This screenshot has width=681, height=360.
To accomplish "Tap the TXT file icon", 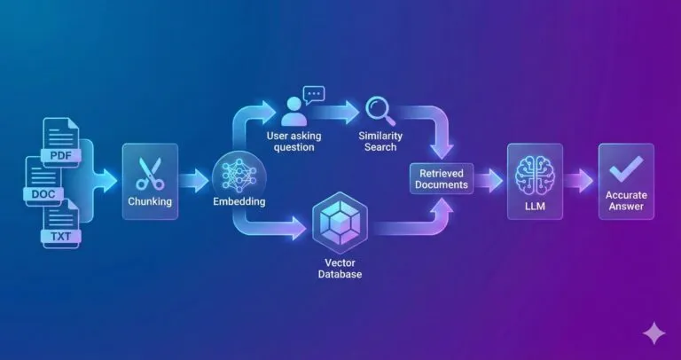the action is (61, 223).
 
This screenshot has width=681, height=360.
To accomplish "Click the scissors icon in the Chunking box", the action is (150, 174).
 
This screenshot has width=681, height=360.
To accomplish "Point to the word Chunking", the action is (150, 201).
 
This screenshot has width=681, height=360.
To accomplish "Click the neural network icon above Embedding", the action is (239, 176).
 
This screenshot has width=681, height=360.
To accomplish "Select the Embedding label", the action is (239, 201).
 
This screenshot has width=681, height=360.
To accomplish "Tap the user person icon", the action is (294, 111).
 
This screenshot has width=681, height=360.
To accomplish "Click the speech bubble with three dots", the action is (314, 95).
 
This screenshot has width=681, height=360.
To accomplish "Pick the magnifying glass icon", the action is (380, 111).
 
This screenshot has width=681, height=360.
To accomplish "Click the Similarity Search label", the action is (380, 142).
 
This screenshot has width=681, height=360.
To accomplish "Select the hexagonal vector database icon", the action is (340, 223).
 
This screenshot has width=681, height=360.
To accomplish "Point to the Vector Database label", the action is (340, 269).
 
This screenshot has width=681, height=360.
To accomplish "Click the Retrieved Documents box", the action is (442, 179).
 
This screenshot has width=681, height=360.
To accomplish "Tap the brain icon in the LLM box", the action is (535, 176).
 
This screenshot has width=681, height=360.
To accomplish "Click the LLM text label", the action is (535, 207).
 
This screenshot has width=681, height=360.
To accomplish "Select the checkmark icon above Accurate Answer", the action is (626, 168).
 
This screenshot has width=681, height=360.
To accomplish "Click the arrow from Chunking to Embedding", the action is (193, 181).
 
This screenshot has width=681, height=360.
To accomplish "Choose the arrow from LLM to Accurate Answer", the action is (578, 180).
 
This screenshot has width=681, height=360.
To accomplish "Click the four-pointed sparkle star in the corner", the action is (654, 333).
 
